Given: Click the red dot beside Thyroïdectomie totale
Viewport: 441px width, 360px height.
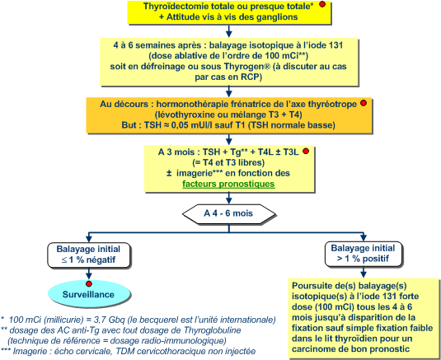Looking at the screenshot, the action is pyautogui.click(x=322, y=4).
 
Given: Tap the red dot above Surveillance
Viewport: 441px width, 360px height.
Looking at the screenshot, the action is pyautogui.click(x=89, y=283).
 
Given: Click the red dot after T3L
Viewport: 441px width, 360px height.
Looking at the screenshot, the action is pyautogui.click(x=306, y=152).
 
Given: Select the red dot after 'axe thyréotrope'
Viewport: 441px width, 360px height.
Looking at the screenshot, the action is pyautogui.click(x=364, y=103).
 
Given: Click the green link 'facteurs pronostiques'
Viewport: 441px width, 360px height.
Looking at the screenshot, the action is pyautogui.click(x=228, y=184).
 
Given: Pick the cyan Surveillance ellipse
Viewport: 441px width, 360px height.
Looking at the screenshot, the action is pyautogui.click(x=89, y=295).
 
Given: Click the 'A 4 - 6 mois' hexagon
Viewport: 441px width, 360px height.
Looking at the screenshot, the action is pyautogui.click(x=229, y=213).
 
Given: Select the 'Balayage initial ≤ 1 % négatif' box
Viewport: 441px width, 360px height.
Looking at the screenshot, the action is pyautogui.click(x=88, y=255).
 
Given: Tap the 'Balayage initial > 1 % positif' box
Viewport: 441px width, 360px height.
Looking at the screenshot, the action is pyautogui.click(x=363, y=254).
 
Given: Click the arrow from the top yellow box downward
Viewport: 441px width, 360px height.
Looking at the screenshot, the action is pyautogui.click(x=229, y=31).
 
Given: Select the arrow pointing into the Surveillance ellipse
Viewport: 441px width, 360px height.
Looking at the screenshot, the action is pyautogui.click(x=89, y=274).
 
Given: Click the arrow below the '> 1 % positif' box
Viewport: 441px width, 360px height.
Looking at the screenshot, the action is pyautogui.click(x=364, y=272).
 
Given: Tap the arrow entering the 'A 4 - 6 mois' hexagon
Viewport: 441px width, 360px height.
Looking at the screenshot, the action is pyautogui.click(x=229, y=199).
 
